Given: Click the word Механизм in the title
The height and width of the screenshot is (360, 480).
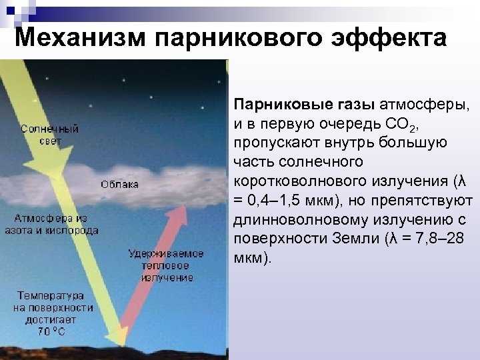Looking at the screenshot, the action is [80, 37].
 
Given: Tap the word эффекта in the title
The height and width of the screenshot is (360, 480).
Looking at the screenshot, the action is [389, 37].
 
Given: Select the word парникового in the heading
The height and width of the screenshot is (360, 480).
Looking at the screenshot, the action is [238, 38].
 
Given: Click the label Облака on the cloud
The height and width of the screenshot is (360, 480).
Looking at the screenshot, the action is [119, 185].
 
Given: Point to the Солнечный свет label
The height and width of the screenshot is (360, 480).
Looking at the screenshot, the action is [49, 135].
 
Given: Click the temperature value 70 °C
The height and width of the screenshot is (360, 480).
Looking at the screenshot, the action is [51, 331].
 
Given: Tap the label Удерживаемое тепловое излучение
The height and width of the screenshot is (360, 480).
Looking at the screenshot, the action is [166, 266].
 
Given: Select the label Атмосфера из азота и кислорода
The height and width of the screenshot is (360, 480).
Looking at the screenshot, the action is [51, 225].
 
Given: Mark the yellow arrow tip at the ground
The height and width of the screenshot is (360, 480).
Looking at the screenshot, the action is [124, 346].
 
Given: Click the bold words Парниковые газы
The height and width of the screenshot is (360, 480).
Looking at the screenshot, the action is [304, 105].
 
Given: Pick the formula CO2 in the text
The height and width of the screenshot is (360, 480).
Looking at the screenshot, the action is [401, 125].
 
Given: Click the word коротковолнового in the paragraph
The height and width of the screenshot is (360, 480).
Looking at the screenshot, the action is [301, 181].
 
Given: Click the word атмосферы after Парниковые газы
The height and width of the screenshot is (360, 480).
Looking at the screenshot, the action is [424, 105].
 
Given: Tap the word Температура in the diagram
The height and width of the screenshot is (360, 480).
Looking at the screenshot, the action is [51, 296].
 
